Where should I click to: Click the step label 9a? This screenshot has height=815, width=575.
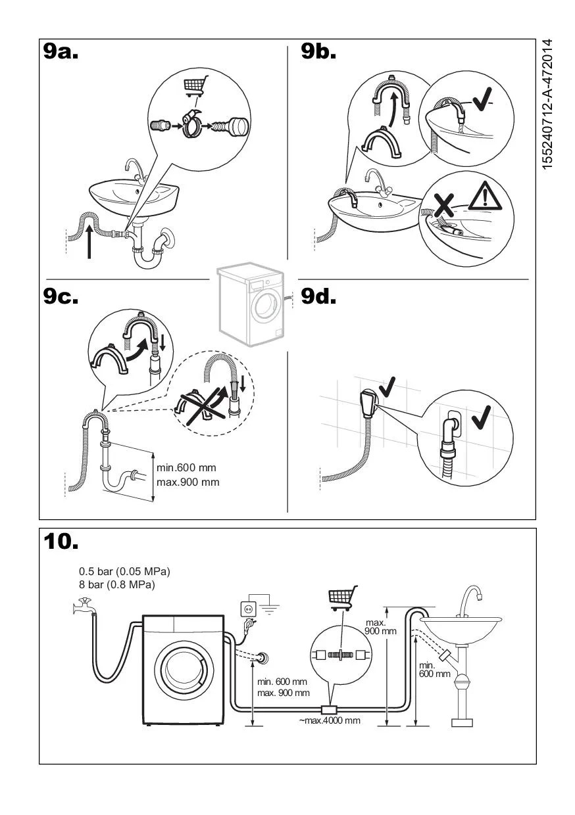coord(61,52)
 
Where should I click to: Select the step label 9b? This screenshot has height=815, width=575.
coord(319,52)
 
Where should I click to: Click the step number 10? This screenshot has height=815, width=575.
coord(61,542)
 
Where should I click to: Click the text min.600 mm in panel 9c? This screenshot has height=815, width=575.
coord(187,468)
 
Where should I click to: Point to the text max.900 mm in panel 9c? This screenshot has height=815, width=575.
coord(188,482)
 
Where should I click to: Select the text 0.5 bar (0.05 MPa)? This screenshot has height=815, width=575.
coord(124,571)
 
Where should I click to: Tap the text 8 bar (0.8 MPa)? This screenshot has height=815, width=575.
coord(117,584)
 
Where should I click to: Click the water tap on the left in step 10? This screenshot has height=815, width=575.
coord(84,606)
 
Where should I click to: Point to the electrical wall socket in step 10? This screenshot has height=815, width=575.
coord(249,609)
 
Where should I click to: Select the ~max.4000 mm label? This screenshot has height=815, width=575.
coord(330,720)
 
